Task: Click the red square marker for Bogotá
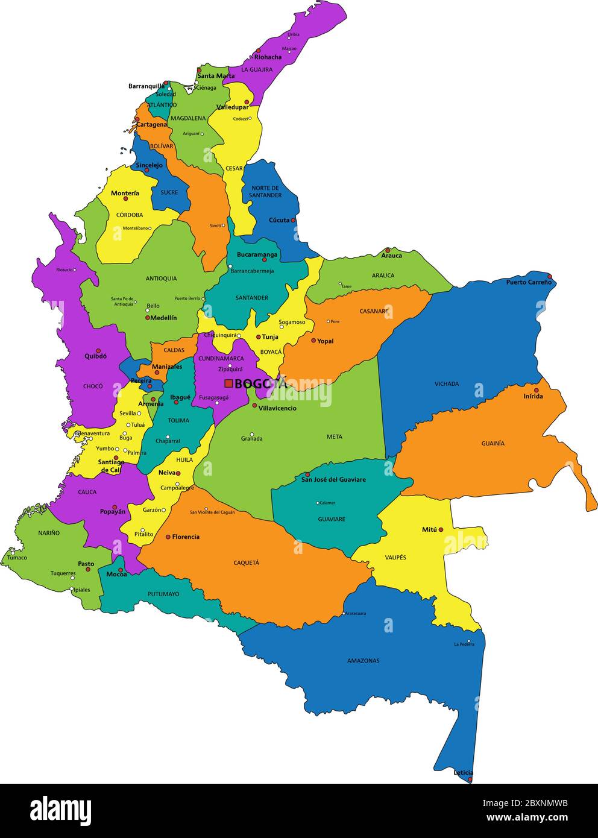228,383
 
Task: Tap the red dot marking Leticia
470,780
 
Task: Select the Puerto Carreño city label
528,282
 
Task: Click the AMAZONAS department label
363,661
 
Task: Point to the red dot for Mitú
441,530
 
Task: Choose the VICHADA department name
447,383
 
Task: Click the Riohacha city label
268,57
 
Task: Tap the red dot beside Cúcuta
294,221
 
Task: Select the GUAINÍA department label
493,443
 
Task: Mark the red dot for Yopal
313,341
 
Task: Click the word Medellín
163,318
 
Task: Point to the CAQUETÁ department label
246,562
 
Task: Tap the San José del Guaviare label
333,480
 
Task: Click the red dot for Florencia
168,537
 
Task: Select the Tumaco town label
17,558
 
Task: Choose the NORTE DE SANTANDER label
266,192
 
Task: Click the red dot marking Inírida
537,390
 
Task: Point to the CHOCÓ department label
93,386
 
